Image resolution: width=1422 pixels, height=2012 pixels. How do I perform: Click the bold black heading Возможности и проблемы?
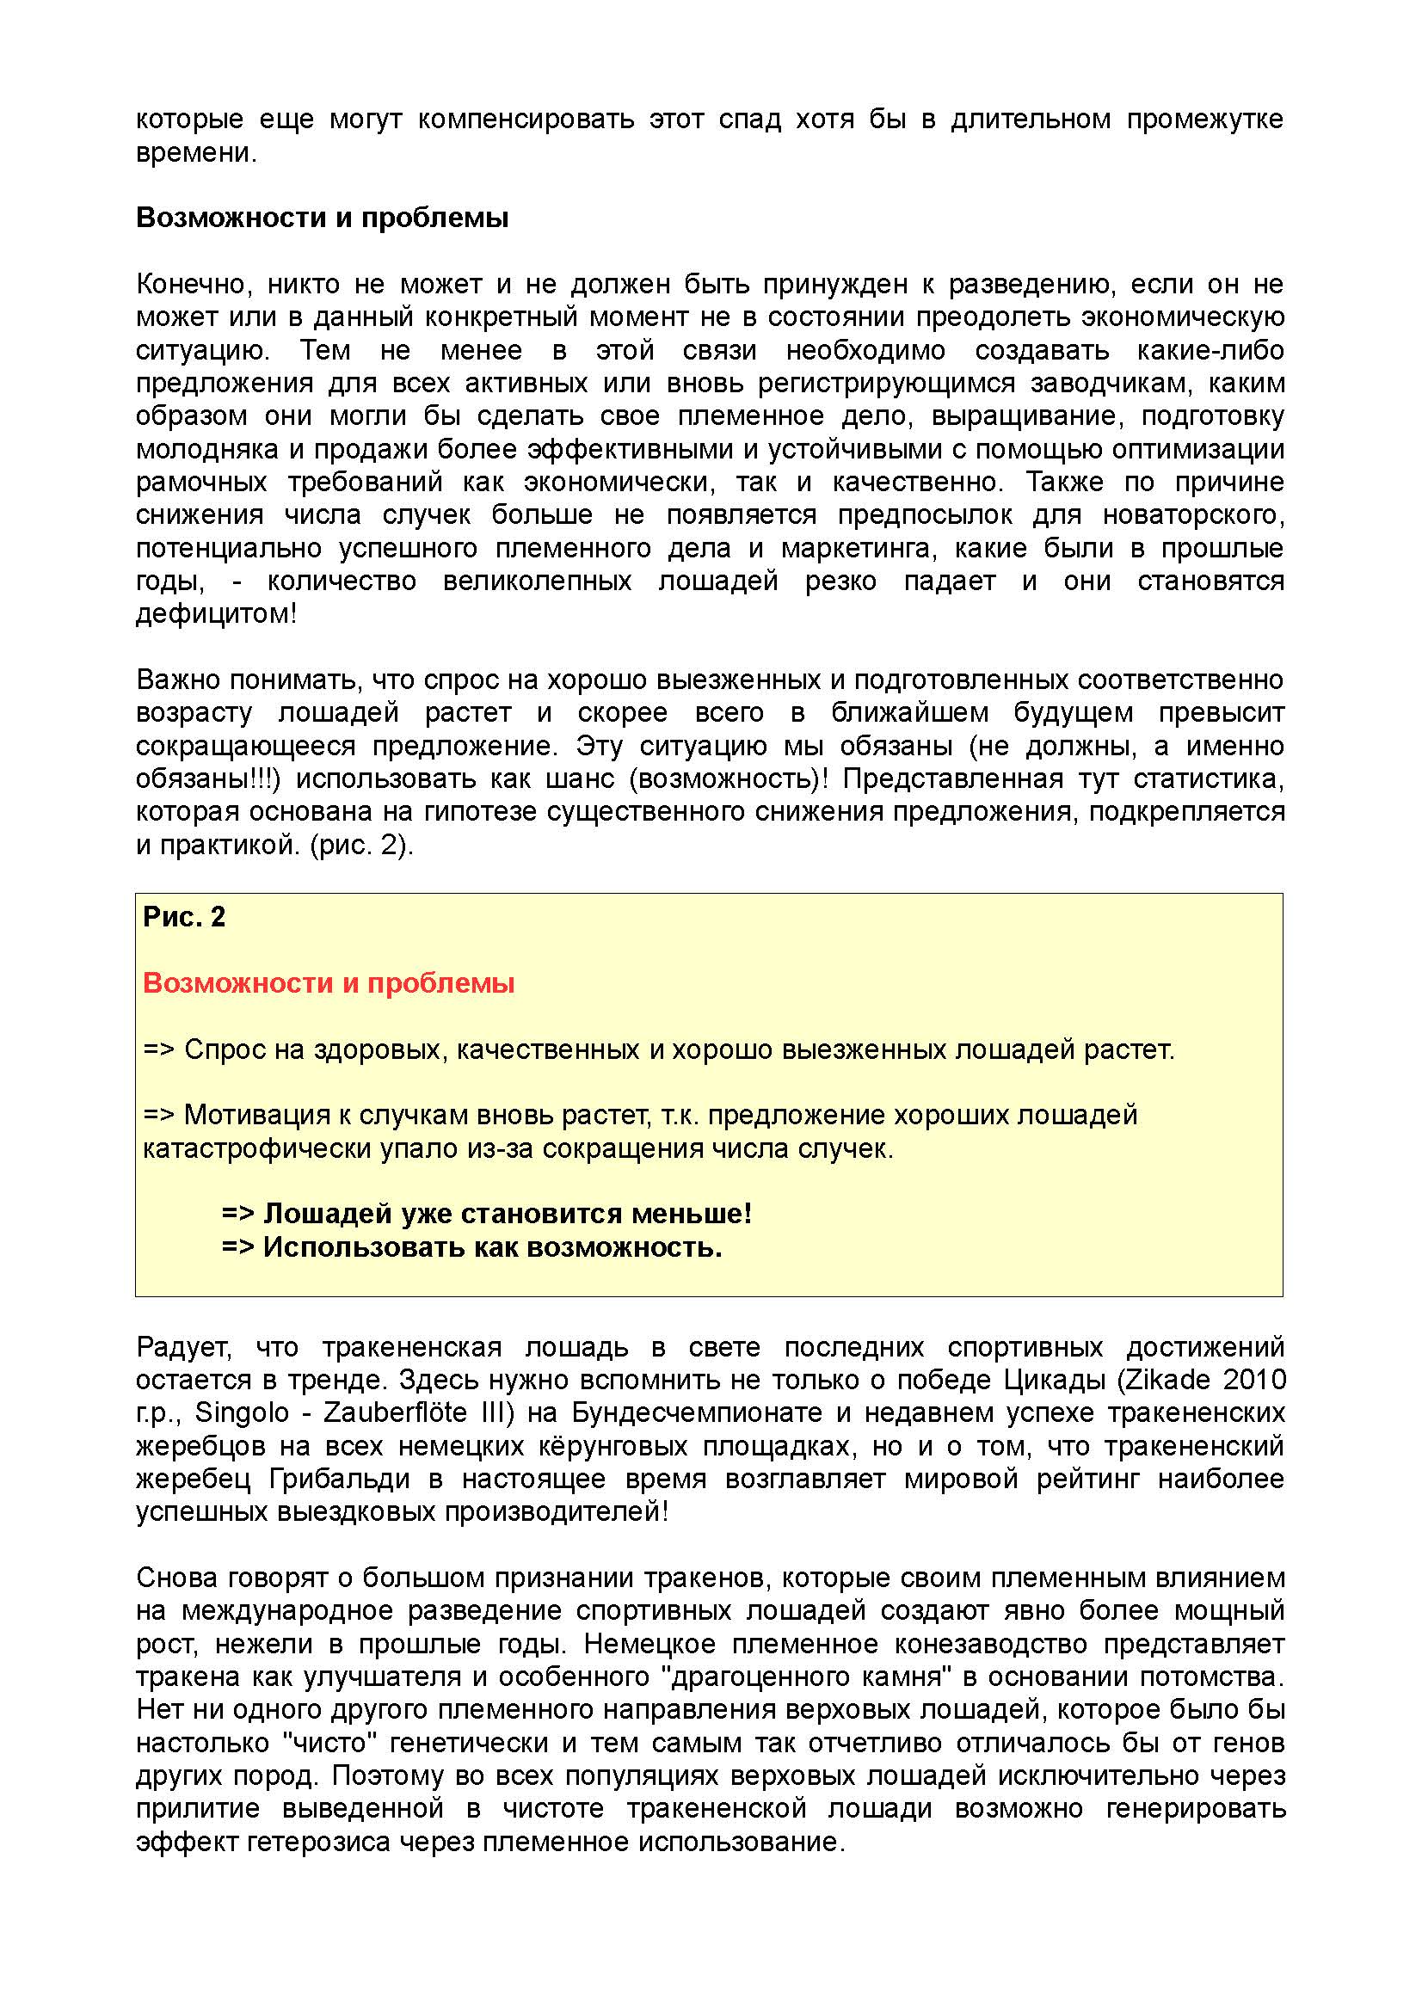[x=322, y=218]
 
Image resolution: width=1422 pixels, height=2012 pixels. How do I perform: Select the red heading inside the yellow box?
[x=329, y=983]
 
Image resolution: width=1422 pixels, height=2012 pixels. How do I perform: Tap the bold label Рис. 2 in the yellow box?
[x=184, y=917]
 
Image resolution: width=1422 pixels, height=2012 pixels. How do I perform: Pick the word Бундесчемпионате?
[x=698, y=1412]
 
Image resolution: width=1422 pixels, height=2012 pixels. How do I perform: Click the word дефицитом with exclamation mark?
[x=217, y=613]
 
